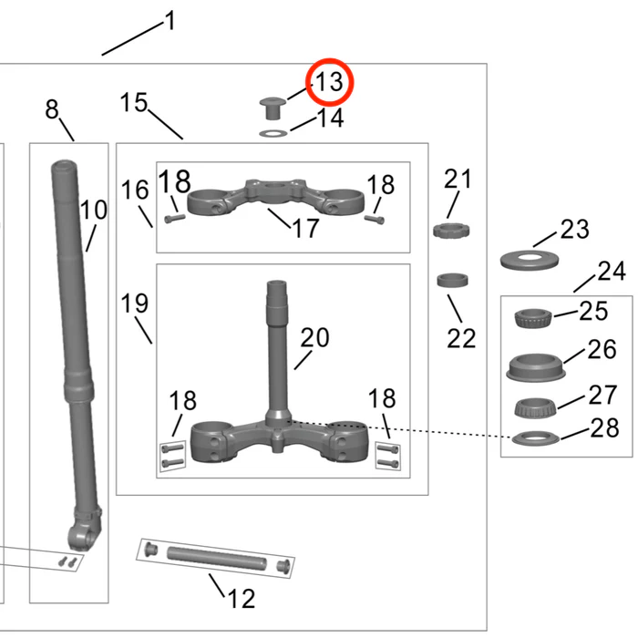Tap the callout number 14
(x=329, y=118)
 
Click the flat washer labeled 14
(x=273, y=133)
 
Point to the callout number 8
(x=52, y=110)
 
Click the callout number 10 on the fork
(x=93, y=211)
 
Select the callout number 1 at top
(x=169, y=21)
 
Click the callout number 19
(x=134, y=303)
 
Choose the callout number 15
(x=134, y=103)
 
